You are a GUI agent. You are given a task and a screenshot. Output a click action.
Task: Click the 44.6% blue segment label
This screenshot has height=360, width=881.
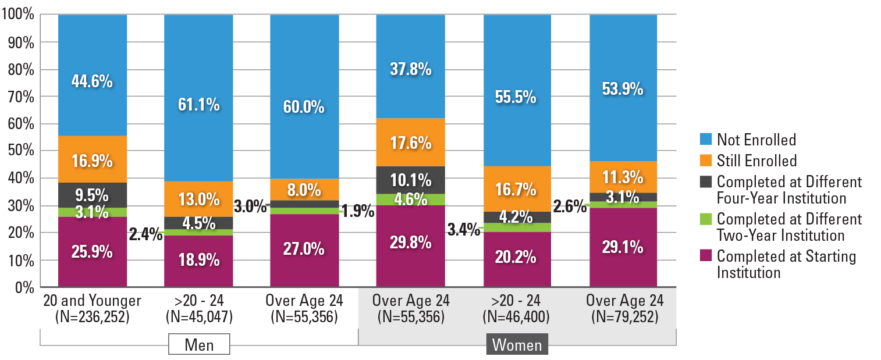point(93,81)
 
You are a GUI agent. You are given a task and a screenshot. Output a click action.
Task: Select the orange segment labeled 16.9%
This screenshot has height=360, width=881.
point(93,161)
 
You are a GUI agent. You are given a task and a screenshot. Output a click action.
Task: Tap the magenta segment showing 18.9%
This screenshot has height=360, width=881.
point(198,260)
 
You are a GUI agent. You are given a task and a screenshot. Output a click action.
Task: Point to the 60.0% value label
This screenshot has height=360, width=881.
point(304,108)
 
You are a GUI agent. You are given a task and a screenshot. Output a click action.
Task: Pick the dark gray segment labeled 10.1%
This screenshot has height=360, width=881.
point(411,180)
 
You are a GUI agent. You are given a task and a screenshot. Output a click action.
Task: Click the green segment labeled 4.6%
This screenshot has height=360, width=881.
point(411,199)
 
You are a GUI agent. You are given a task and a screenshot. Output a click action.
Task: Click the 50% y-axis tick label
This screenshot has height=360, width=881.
point(22,151)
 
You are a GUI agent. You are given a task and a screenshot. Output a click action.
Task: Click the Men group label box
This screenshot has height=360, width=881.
point(199,344)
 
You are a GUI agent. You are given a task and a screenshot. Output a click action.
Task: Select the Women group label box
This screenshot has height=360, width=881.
point(517,344)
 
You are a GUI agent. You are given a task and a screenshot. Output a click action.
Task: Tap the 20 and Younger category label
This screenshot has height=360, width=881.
point(93,301)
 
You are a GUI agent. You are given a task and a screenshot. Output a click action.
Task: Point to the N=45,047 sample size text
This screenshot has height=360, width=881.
point(199,317)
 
